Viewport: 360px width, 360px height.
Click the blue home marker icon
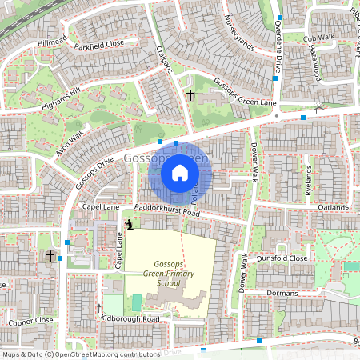point(180,172)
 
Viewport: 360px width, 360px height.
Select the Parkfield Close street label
point(100,44)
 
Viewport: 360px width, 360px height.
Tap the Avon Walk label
point(71,142)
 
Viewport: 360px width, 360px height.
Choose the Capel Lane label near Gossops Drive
point(100,206)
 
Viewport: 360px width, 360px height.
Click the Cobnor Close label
point(32,320)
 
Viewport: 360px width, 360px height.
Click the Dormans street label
point(283,294)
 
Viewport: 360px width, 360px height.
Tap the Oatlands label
point(334,208)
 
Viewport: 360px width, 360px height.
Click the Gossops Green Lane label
point(246,94)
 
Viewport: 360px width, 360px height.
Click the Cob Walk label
point(319,37)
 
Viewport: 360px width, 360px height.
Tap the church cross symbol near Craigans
point(190,95)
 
